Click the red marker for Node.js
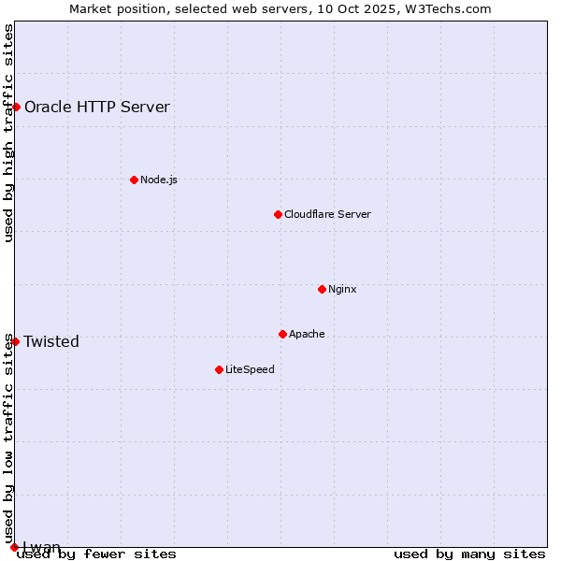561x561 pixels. tap(134, 180)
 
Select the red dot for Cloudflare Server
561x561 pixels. tap(278, 214)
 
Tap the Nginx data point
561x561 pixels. tap(322, 289)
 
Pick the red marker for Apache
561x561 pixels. tap(282, 334)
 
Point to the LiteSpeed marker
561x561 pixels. tap(219, 369)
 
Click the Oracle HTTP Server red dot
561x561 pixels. tap(16, 107)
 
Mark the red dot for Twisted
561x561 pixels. tap(15, 341)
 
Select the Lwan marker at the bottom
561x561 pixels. tap(14, 547)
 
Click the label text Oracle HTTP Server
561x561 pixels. tap(97, 107)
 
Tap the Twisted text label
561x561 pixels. tap(51, 341)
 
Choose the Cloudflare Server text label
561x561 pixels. tap(327, 214)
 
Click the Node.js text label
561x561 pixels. tap(159, 180)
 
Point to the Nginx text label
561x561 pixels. tap(342, 289)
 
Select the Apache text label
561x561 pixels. tap(307, 334)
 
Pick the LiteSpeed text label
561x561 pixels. tap(250, 369)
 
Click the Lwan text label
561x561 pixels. tap(42, 547)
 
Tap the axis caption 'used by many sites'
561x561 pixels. tap(469, 554)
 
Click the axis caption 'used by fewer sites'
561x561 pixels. tap(96, 554)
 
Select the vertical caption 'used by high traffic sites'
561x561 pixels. tap(9, 133)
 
